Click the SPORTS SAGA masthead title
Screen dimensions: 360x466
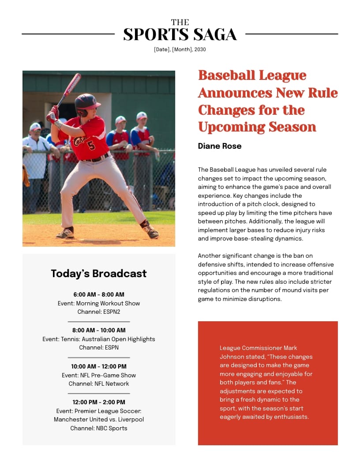(x=180, y=34)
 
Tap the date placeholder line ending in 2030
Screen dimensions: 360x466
(x=180, y=49)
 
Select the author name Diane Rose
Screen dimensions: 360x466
(x=220, y=146)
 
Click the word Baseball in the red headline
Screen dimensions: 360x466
(x=227, y=75)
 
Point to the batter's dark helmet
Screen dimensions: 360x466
(x=86, y=102)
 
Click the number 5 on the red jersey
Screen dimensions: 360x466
(x=91, y=145)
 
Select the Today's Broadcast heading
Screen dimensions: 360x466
(x=99, y=274)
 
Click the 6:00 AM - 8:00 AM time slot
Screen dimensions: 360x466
(x=99, y=294)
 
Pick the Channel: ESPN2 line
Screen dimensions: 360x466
(x=99, y=312)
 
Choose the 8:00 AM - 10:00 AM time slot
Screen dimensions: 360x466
(x=99, y=330)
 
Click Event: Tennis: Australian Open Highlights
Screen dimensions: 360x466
(x=99, y=339)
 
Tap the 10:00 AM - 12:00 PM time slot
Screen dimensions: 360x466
(x=99, y=366)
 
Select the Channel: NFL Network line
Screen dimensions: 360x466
(x=99, y=383)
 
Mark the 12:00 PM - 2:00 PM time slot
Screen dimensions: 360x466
(x=99, y=402)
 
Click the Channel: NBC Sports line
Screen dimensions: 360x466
(x=99, y=428)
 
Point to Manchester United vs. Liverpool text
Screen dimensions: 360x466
(x=99, y=419)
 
